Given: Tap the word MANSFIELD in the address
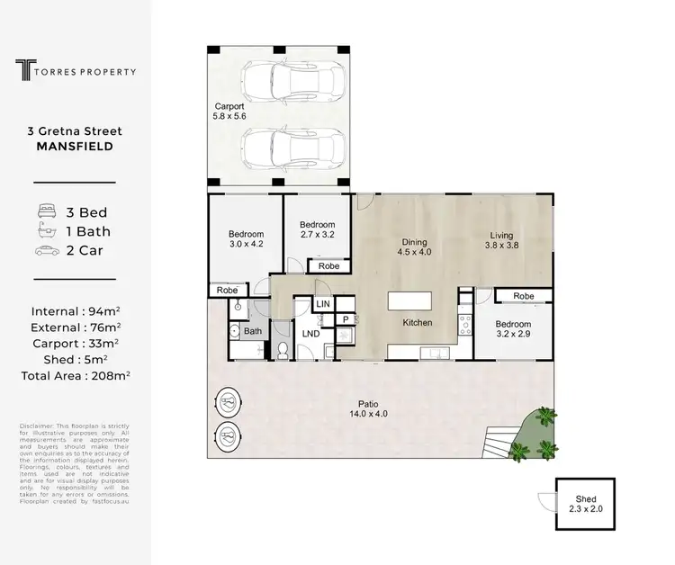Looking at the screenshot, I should (x=75, y=146).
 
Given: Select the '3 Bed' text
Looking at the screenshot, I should (x=87, y=212).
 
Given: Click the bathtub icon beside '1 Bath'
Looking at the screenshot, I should (x=46, y=231).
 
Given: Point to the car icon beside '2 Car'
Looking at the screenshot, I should (x=46, y=251).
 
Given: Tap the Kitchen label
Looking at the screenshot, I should (x=418, y=322).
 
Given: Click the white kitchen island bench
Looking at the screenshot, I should (x=409, y=301).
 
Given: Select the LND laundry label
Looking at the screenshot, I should (x=312, y=334).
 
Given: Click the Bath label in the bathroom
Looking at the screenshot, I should (x=253, y=332).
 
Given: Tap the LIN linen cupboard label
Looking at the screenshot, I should (x=323, y=306).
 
